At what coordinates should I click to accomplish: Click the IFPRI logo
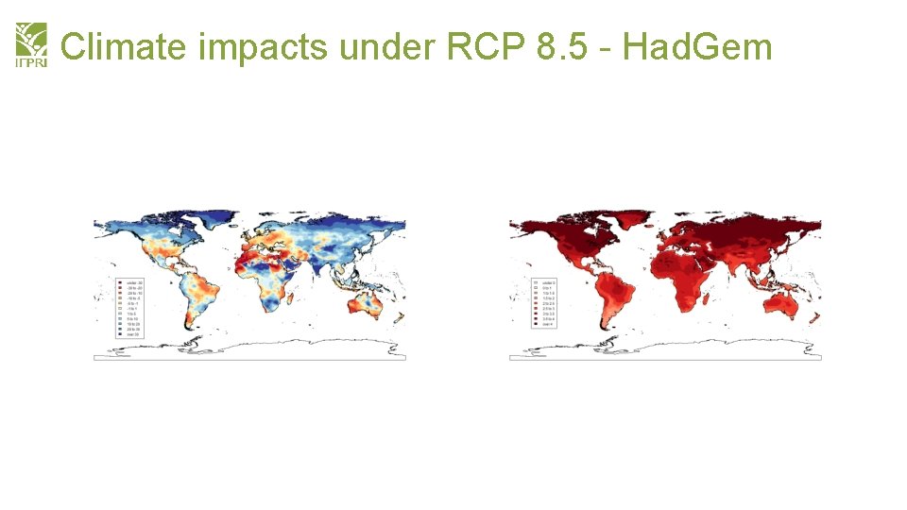(30, 45)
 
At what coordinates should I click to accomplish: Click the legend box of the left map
(128, 308)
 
